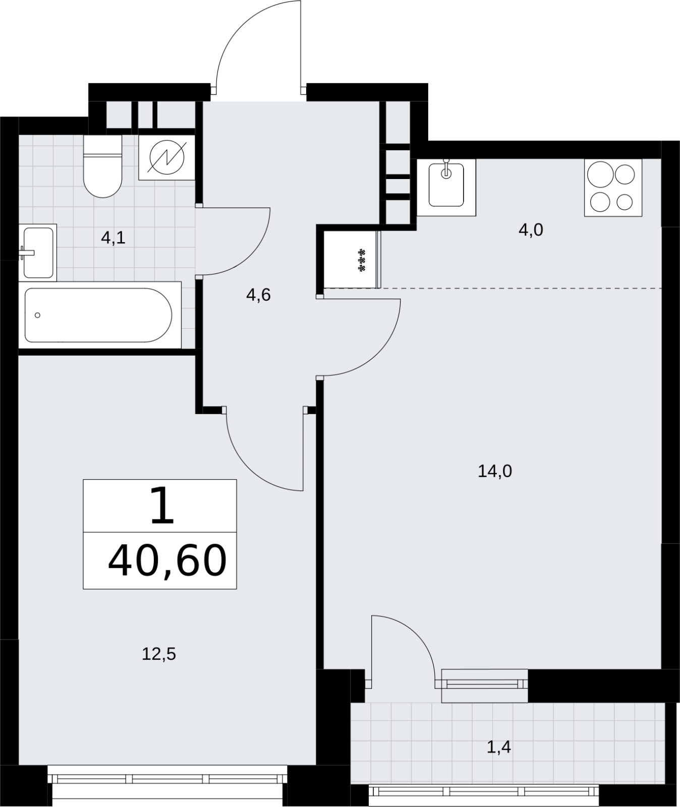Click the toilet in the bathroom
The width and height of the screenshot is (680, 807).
pos(103,166)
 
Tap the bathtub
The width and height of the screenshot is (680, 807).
pos(99,315)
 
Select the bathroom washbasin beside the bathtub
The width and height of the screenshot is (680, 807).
pos(38,252)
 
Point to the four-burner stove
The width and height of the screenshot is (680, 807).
pos(613,188)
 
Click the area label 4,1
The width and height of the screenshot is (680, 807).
pos(113,238)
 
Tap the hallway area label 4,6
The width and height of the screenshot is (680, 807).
pos(258,295)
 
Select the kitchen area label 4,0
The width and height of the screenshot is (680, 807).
pos(531,230)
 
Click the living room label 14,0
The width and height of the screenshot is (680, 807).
pos(495,471)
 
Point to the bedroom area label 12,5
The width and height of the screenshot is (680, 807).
pos(159,654)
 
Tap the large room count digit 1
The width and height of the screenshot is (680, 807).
pos(162,505)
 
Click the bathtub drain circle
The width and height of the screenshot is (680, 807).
pos(37,315)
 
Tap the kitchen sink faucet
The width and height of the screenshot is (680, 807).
pos(446,169)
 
